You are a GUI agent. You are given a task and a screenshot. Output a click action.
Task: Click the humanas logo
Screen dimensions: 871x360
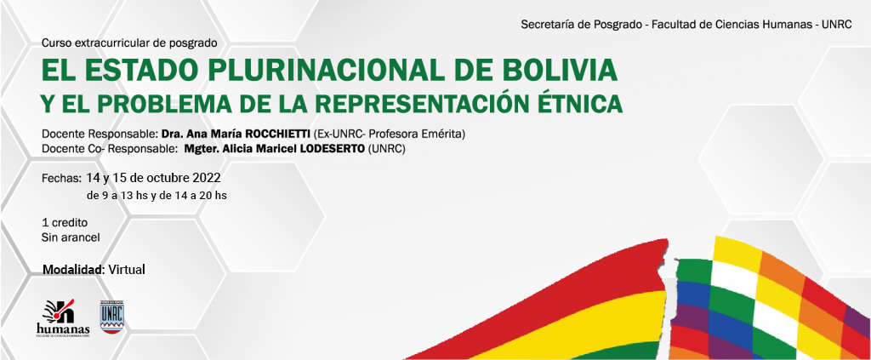tap(62, 318)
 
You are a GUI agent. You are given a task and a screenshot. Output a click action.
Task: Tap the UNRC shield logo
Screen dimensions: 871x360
tap(112, 317)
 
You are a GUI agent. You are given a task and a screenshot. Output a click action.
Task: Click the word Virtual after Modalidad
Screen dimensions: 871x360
tap(127, 270)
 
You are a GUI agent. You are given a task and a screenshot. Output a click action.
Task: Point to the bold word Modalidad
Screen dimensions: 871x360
tap(74, 270)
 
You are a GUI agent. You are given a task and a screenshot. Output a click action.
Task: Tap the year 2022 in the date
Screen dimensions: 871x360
tap(207, 179)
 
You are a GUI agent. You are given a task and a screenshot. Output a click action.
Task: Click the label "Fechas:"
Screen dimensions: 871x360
tap(62, 179)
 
